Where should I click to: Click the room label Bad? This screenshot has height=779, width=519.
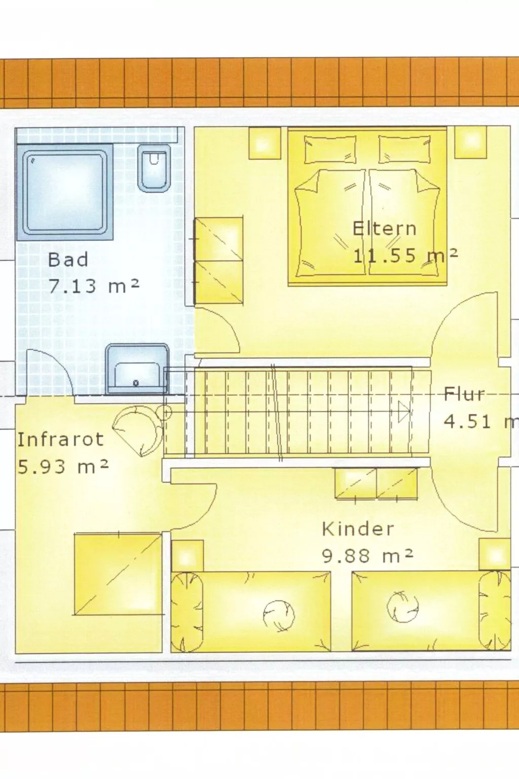tap(68, 260)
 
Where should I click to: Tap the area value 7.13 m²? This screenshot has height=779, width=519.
tap(94, 286)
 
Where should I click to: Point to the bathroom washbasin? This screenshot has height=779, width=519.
tap(137, 369)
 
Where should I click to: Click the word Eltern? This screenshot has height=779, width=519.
tap(385, 229)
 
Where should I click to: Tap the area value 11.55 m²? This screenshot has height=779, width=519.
tap(405, 255)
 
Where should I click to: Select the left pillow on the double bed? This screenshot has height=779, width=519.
tap(329, 149)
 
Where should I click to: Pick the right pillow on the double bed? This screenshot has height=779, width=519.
tap(404, 149)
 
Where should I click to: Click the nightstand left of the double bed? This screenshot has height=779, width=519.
tap(264, 143)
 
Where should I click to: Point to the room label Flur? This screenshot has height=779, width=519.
tap(464, 394)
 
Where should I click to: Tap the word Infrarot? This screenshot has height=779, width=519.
tap(60, 439)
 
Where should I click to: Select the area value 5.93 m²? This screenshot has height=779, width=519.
tap(63, 466)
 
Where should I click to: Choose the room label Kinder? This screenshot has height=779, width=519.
tap(358, 529)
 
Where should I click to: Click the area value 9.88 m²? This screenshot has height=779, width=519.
tap(367, 556)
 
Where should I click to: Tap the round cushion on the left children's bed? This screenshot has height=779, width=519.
tap(279, 615)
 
